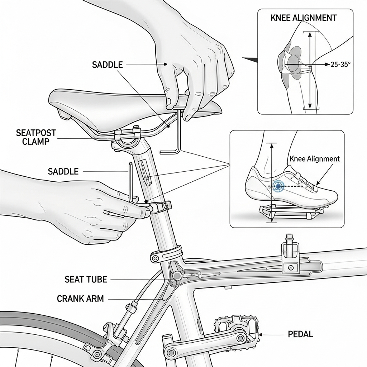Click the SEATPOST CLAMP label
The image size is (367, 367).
coord(36,137)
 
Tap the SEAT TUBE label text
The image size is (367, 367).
coord(86,279)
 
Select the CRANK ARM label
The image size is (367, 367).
coord(80,298)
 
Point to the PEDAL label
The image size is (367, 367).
coord(300,334)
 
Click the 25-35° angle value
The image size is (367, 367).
coord(340,65)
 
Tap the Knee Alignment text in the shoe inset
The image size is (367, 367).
coord(314,158)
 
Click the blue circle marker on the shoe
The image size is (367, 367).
coord(278,185)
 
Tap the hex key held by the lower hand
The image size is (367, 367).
coord(131,179)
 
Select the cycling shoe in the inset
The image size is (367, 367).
coord(290,186)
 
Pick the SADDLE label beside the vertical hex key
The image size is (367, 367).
coord(63,171)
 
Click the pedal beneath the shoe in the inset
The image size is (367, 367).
coord(290,213)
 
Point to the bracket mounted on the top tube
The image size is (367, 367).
coord(290,254)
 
